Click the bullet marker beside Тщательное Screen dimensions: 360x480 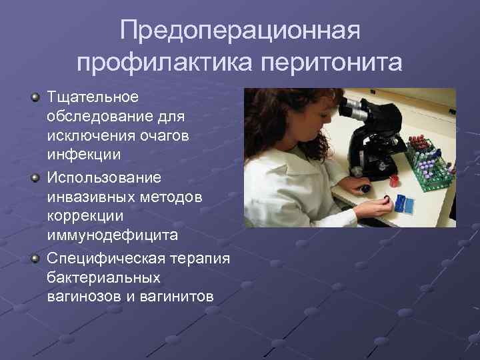click(x=35, y=98)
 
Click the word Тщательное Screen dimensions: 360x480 click(x=93, y=97)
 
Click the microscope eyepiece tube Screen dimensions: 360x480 click(x=354, y=106)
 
